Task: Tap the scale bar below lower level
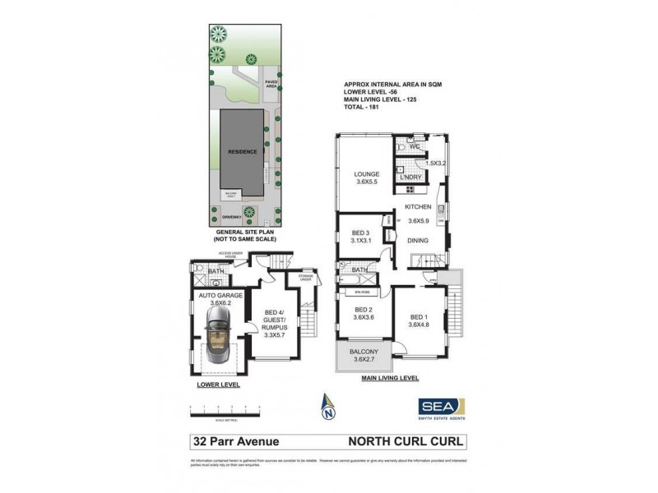(224, 408)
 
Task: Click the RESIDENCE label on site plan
(243, 152)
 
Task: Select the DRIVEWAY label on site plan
(231, 217)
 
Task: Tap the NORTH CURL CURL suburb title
(409, 441)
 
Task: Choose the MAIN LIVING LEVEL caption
(390, 378)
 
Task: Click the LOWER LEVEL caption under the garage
(213, 384)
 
